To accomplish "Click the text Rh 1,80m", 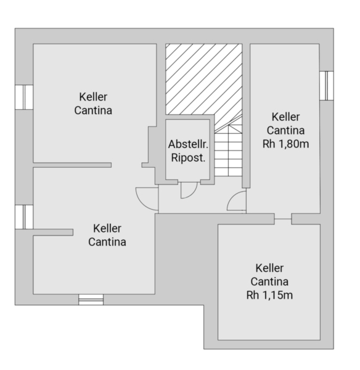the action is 285,144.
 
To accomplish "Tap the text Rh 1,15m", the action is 269,295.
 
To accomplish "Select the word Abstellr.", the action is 188,144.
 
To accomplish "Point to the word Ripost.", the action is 188,158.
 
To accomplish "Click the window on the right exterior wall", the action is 327,86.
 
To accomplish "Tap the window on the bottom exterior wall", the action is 91,300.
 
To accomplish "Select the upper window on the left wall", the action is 24,97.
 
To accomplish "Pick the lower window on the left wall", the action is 24,217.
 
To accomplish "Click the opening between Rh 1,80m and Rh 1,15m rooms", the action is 283,219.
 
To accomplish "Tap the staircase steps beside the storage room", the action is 228,151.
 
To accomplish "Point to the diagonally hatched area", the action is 204,80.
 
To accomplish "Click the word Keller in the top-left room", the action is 93,97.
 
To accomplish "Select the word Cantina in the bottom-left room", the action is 107,242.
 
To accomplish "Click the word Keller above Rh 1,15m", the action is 269,268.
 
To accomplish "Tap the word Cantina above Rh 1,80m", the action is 285,130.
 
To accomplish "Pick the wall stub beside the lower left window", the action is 53,232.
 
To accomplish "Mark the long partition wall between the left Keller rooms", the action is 72,165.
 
